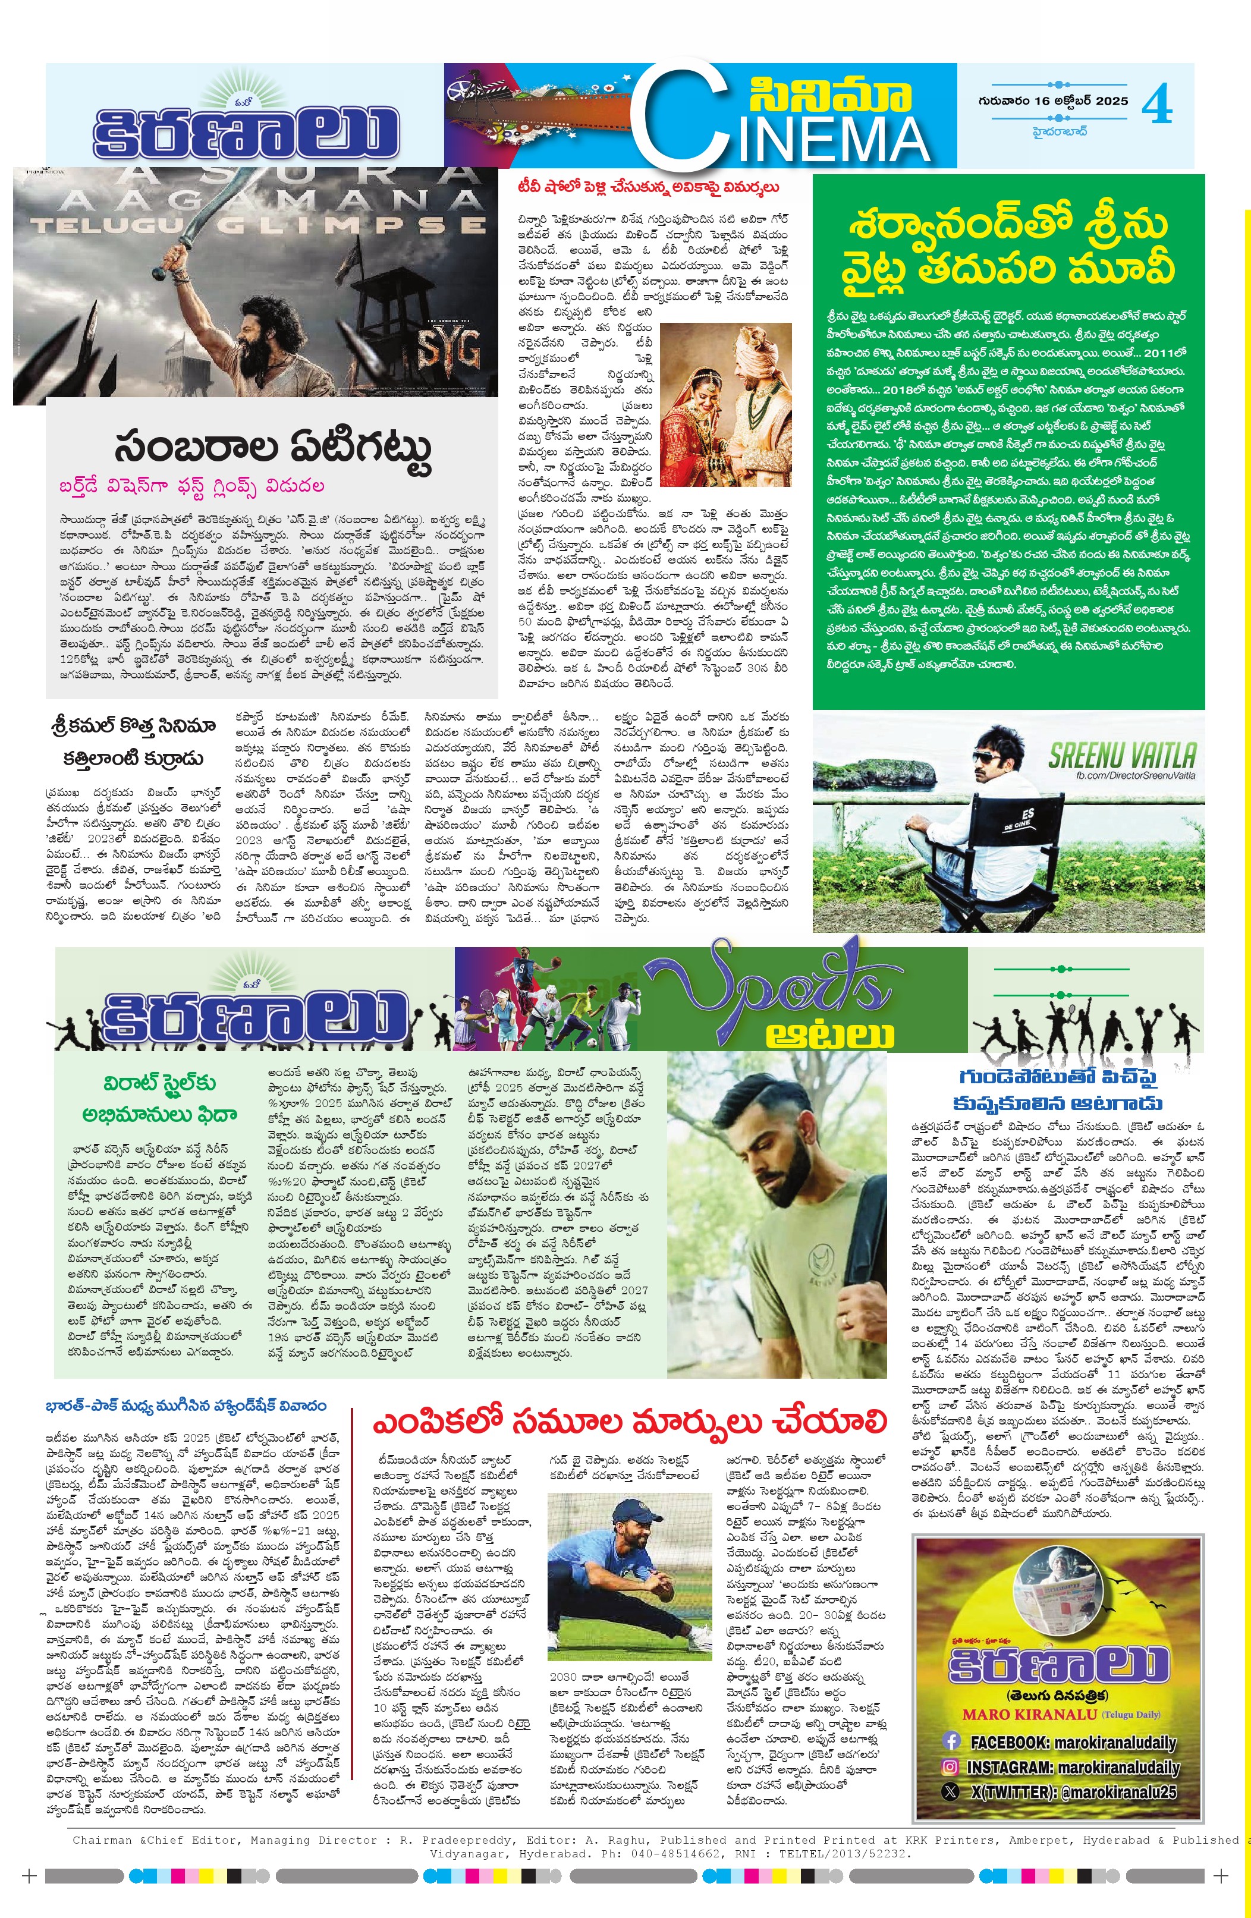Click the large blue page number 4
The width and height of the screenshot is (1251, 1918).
(1160, 106)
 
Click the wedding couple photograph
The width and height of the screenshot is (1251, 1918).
(725, 404)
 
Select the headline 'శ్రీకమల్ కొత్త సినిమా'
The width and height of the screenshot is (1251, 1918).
(134, 726)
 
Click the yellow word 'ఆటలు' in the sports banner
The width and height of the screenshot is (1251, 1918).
(829, 1034)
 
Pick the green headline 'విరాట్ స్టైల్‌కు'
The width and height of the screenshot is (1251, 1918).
(159, 1082)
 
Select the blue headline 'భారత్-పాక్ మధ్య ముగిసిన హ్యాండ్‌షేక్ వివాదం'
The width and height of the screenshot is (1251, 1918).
(186, 1406)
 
